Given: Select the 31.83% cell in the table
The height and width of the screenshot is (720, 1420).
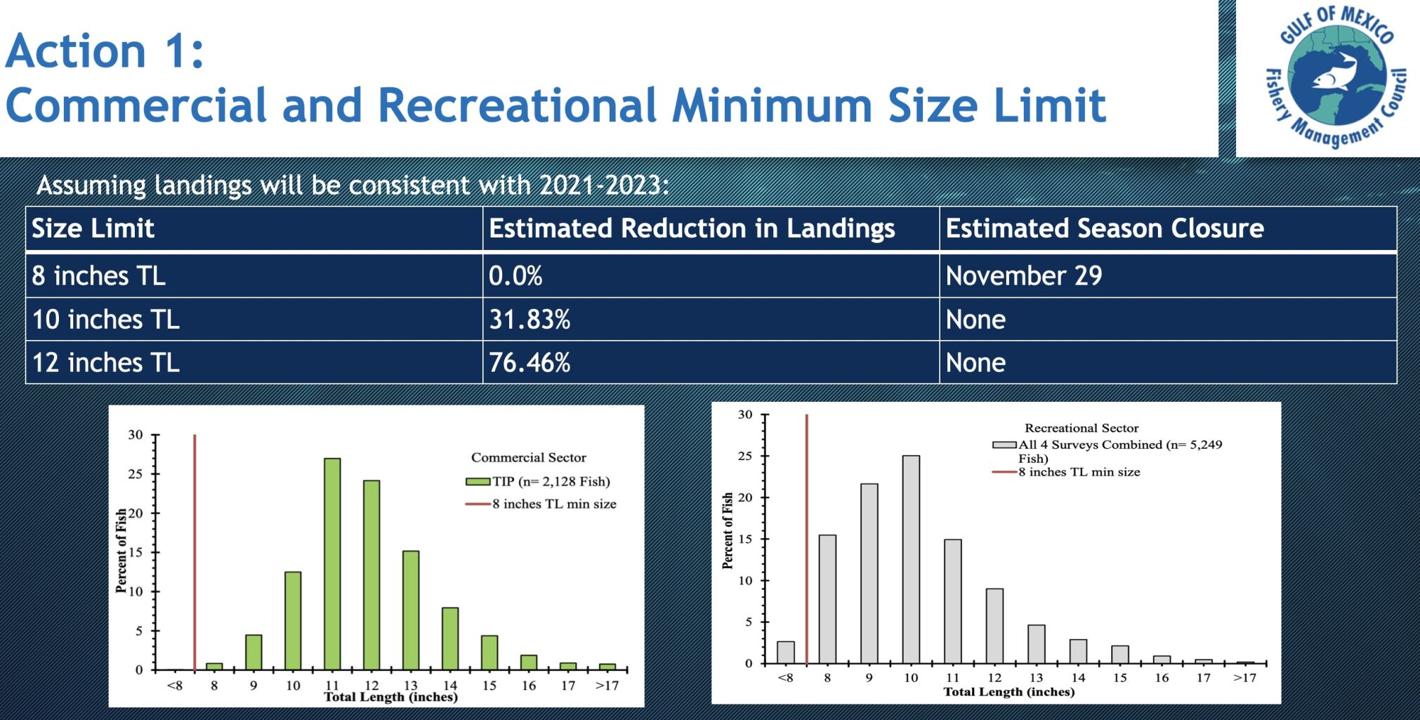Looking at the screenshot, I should [530, 320].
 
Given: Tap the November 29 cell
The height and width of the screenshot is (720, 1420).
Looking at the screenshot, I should [1023, 276].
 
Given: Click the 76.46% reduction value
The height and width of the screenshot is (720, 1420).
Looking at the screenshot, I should [530, 363].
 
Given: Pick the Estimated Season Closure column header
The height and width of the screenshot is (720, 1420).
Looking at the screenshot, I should [1104, 229].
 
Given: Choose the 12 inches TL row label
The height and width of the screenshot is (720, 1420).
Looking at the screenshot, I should [106, 363].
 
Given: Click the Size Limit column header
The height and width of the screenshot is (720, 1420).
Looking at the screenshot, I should [93, 229].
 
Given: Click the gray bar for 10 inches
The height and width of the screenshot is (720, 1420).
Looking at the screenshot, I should [911, 559].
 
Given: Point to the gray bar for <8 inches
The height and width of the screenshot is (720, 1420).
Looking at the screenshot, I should [786, 653].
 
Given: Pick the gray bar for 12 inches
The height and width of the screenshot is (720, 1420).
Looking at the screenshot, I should [994, 626].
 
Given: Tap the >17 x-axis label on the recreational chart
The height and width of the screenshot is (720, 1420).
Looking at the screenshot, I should [1244, 678].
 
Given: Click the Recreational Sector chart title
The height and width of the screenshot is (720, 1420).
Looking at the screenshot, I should [1082, 428].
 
